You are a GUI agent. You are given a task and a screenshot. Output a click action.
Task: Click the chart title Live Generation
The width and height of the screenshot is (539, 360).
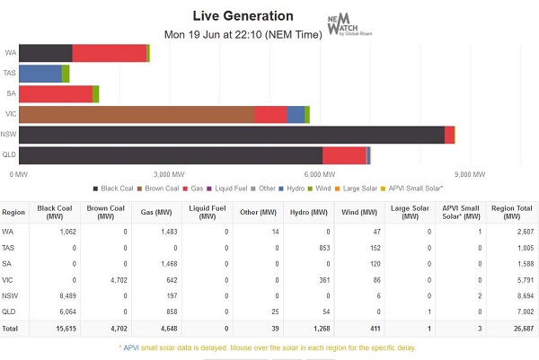[243, 16]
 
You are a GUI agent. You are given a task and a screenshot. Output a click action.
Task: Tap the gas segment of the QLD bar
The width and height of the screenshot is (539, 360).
[344, 156]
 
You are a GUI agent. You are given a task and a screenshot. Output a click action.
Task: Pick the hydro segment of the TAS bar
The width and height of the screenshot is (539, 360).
[40, 74]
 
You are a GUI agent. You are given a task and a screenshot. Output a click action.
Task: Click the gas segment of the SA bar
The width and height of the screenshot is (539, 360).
[56, 93]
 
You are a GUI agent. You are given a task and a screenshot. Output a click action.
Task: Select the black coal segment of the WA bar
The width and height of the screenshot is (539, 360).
[46, 53]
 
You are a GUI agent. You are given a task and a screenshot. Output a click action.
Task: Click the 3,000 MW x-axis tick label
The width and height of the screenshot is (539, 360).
[170, 173]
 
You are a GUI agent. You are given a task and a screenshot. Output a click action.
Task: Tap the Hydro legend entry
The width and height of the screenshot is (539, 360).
[293, 189]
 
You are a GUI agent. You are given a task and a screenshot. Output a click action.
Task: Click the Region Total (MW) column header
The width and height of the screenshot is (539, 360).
[511, 213]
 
